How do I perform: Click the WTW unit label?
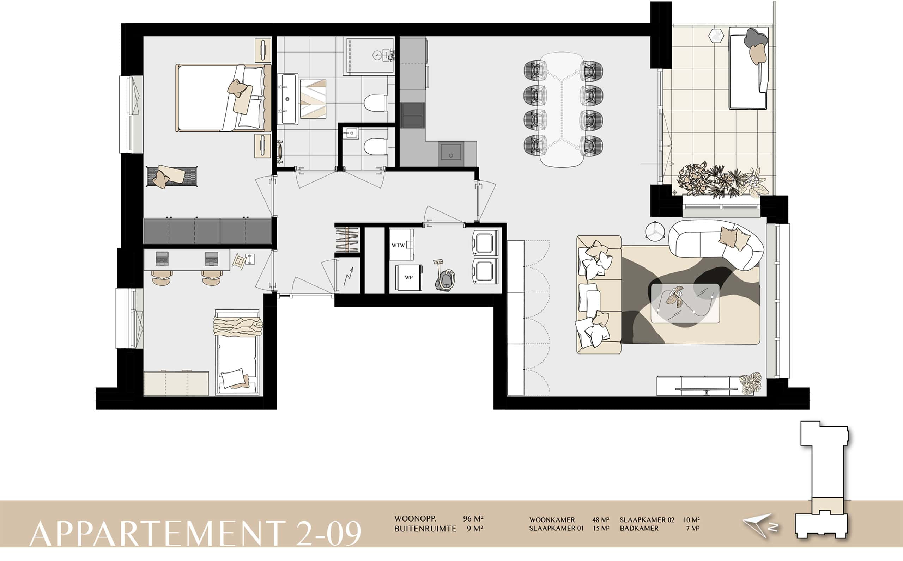tap(398, 245)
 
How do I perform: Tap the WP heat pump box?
tap(409, 278)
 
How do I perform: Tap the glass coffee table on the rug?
tap(685, 303)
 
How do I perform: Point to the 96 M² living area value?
tap(473, 519)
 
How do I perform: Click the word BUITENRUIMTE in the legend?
tap(425, 529)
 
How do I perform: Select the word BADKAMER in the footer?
tap(639, 528)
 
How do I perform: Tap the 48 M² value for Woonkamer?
tap(601, 520)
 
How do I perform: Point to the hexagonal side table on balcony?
tap(715, 36)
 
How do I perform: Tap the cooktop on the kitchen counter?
tap(412, 115)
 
